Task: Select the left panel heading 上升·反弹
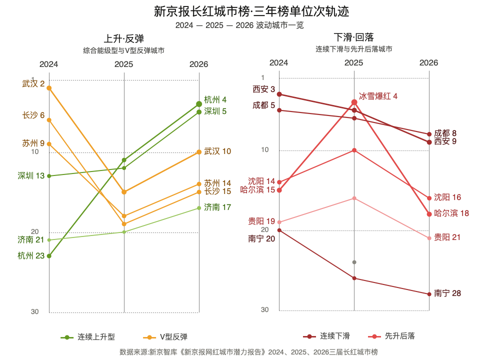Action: [123, 38]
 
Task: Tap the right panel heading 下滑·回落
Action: [353, 37]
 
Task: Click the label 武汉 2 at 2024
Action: [33, 83]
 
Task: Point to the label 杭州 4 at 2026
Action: [215, 99]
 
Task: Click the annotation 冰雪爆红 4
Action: [378, 96]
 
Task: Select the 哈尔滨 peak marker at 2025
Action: [354, 102]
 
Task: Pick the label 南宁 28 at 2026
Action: [447, 293]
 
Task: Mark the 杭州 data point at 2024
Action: [49, 256]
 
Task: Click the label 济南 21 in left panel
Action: [31, 239]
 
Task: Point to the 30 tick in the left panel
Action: [35, 311]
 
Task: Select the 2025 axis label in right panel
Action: [353, 62]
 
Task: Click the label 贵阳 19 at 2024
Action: [261, 221]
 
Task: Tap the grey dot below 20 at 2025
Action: [354, 262]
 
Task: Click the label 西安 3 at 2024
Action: [264, 89]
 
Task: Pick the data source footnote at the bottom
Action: [248, 352]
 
